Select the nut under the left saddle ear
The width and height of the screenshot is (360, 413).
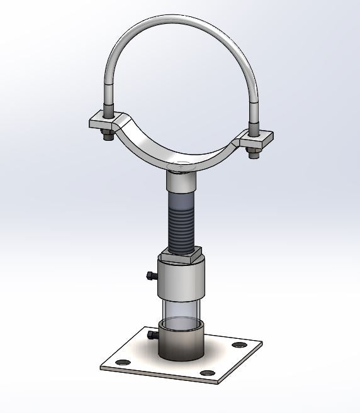click(x=106, y=133)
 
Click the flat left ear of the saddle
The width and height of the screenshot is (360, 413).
click(x=101, y=119)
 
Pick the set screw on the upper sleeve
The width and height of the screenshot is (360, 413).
click(x=149, y=275)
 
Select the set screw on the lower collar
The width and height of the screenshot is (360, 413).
click(x=150, y=336)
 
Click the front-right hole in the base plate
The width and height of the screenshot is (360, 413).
click(x=206, y=373)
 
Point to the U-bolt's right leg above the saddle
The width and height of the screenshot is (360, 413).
click(x=254, y=110)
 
